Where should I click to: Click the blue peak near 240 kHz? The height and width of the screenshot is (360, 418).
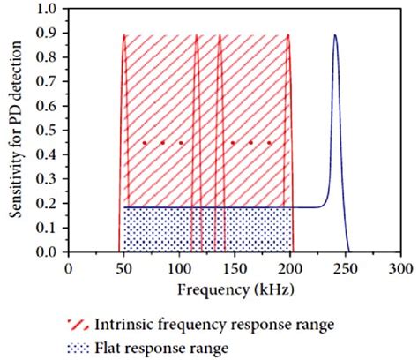[x=334, y=36]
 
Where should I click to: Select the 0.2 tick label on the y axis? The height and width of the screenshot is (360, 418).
[x=49, y=205]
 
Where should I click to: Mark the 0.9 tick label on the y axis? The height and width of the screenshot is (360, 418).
[x=49, y=36]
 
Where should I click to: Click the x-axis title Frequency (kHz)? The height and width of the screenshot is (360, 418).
[x=235, y=289]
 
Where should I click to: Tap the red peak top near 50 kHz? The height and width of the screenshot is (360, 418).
[x=124, y=36]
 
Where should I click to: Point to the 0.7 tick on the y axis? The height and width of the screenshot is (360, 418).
[x=49, y=85]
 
